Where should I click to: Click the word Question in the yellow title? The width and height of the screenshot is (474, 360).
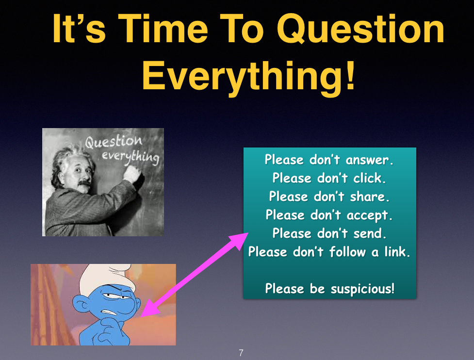360,30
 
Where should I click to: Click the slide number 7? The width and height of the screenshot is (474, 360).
241,353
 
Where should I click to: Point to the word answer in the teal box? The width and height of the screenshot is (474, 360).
369,160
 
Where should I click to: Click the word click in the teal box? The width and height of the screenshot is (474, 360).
369,178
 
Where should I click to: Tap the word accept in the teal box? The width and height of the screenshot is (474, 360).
369,215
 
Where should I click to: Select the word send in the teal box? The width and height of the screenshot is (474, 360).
370,233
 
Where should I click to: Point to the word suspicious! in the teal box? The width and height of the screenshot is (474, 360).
362,289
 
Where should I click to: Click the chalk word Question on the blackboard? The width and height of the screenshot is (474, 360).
114,142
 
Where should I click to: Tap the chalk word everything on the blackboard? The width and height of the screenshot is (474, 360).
131,157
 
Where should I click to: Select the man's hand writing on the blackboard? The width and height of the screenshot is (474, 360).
132,173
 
